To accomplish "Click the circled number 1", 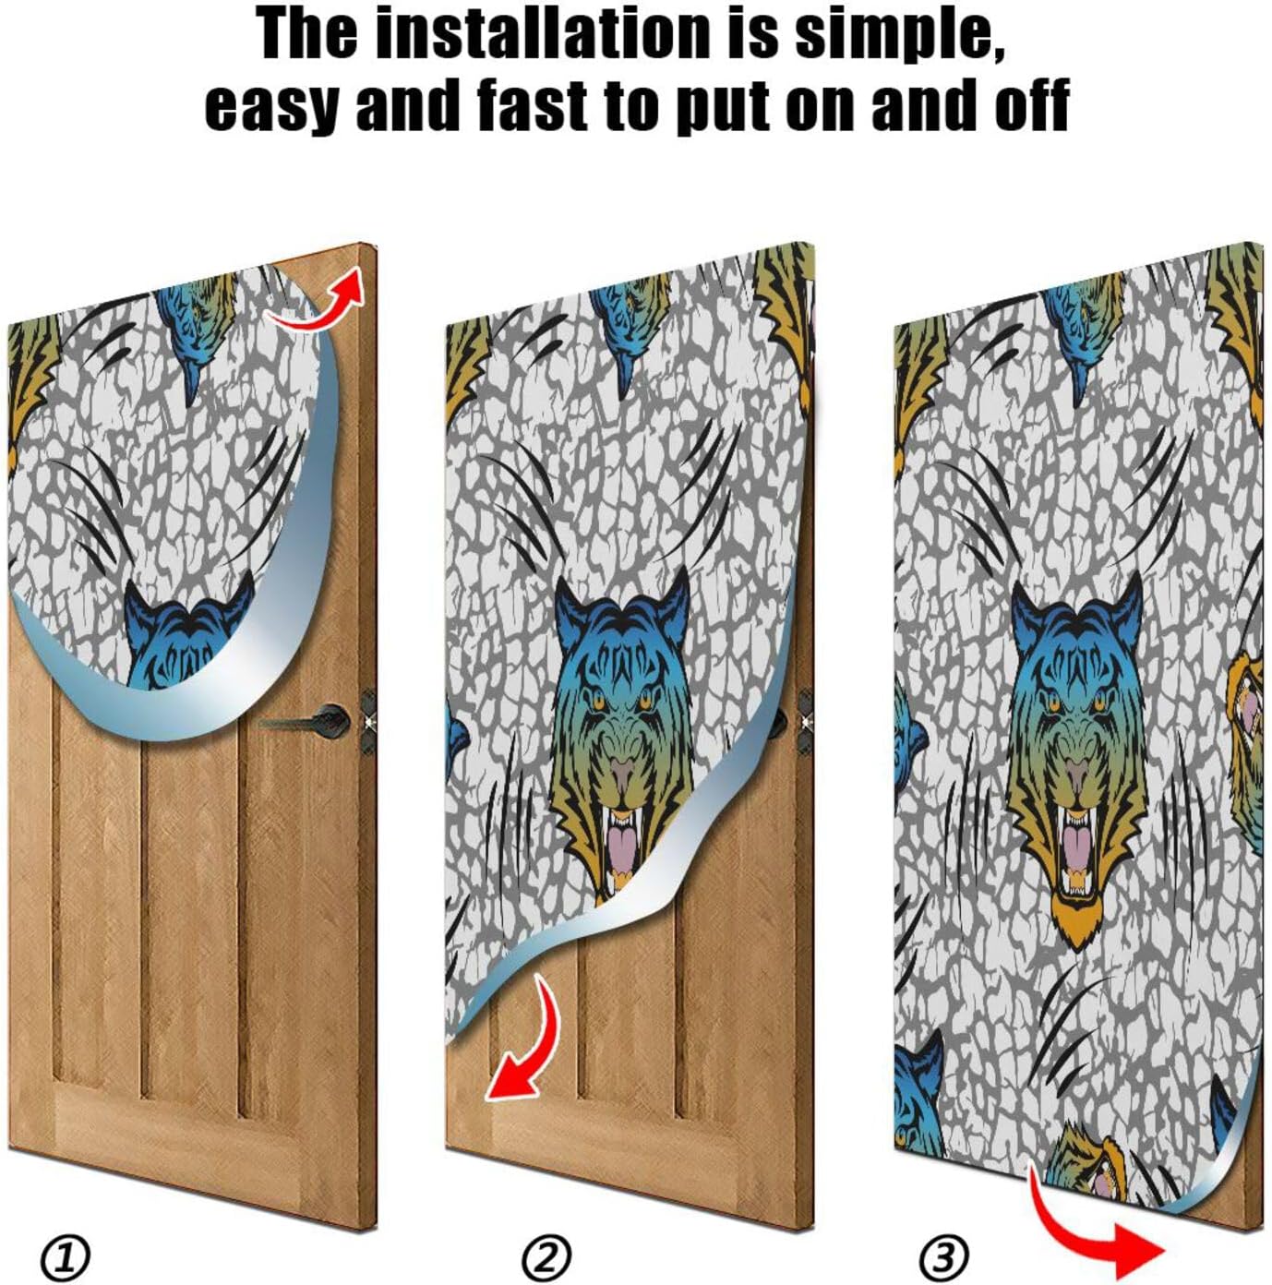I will click(x=66, y=1256).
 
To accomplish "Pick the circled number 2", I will click(x=546, y=1256).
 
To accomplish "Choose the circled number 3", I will click(x=943, y=1256).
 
